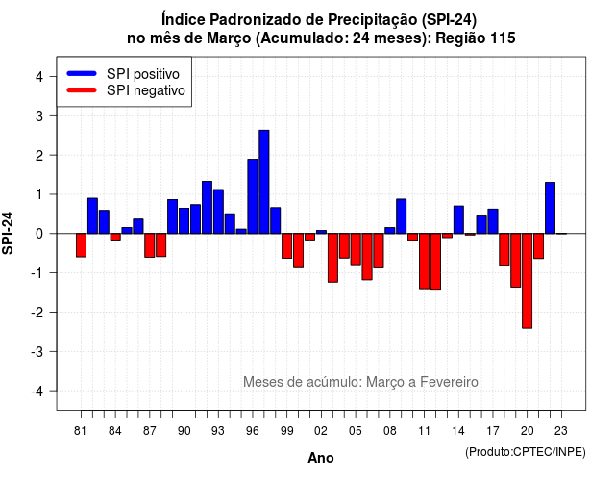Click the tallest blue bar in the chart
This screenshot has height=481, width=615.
click(x=264, y=182)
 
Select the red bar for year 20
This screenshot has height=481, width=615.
click(x=528, y=281)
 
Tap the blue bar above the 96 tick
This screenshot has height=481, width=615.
click(x=253, y=196)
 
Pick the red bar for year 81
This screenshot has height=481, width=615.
click(x=81, y=245)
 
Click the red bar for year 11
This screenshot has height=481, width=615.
click(x=424, y=261)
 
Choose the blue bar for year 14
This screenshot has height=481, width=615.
click(x=458, y=219)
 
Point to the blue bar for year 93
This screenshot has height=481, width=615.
click(x=218, y=212)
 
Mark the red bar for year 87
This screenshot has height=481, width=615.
click(x=150, y=245)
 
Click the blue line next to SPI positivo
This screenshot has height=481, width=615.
click(x=82, y=73)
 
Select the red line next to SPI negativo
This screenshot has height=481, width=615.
click(x=82, y=89)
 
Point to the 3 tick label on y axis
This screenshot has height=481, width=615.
click(x=39, y=115)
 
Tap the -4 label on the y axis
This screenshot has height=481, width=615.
click(x=37, y=391)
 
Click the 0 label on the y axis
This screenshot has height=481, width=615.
click(x=39, y=234)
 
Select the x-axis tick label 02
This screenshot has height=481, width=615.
click(x=320, y=431)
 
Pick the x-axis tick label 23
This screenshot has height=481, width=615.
click(x=561, y=431)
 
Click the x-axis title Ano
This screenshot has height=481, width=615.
click(x=321, y=458)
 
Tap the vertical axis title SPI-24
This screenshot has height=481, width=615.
click(x=8, y=233)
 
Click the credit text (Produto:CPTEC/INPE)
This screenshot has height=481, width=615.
click(x=526, y=452)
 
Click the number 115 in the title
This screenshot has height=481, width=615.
click(x=503, y=38)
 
